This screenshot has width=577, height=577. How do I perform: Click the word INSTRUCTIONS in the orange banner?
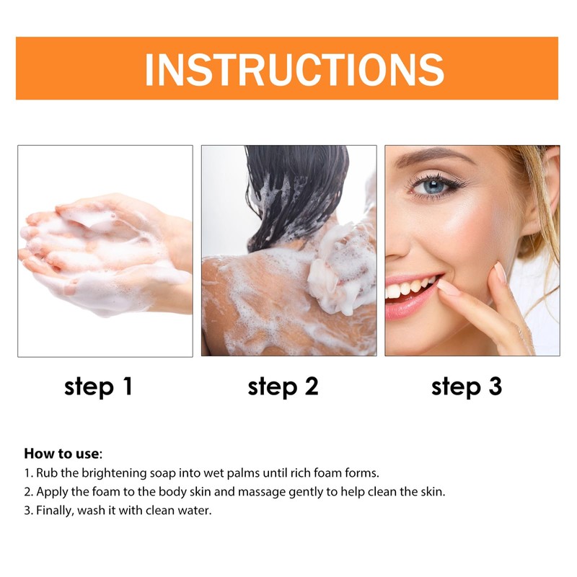point(294,69)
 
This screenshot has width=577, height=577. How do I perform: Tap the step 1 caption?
point(98,387)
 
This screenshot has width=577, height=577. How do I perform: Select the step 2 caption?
point(283,387)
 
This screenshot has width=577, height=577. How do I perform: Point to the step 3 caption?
point(466,387)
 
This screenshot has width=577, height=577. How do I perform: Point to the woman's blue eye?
point(433,186)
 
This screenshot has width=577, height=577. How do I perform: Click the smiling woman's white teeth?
point(408,287)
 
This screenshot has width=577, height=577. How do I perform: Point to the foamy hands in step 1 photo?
point(101,249)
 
